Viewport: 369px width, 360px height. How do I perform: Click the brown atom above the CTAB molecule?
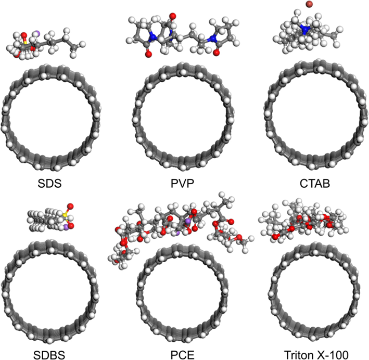click(x=309, y=5)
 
